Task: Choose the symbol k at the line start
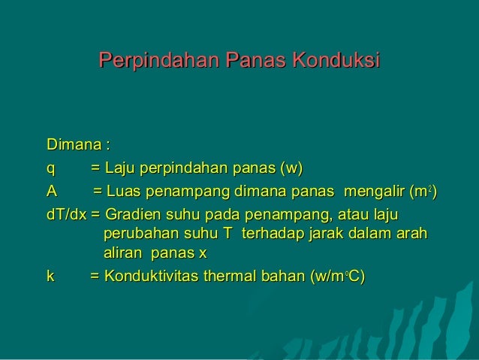[50, 277]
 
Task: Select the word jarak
[323, 235]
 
